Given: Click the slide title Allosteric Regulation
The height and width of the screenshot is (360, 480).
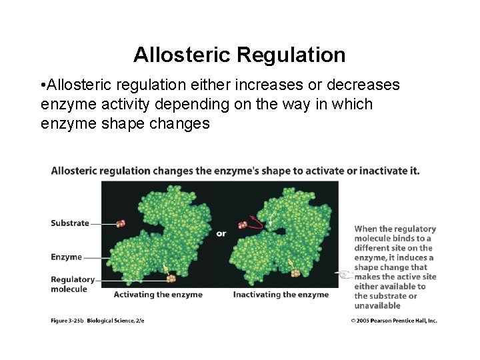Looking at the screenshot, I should (x=239, y=55).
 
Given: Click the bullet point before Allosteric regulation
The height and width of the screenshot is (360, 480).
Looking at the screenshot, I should (x=42, y=86).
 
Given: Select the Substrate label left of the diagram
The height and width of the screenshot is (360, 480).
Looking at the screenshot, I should (x=69, y=223).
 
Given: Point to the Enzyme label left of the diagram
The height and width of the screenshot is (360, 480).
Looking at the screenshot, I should (x=66, y=257).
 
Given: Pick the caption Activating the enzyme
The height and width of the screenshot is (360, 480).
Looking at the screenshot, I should (x=158, y=295).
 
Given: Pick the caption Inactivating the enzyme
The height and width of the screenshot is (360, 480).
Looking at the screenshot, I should (x=281, y=295).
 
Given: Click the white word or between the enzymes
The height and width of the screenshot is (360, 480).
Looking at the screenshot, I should (x=221, y=233).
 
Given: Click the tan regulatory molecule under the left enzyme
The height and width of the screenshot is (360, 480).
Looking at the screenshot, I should (x=172, y=278).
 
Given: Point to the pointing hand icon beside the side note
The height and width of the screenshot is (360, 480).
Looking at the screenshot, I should (x=343, y=274).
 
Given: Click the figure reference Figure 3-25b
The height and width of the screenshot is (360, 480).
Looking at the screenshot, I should (x=67, y=321).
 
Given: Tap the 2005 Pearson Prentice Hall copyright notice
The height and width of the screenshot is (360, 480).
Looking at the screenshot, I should (x=394, y=321).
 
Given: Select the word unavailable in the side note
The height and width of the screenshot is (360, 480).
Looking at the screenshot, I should (x=377, y=306).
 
